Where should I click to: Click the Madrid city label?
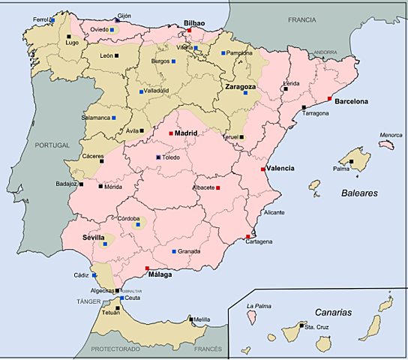[187, 133]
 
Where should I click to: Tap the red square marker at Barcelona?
[329, 99]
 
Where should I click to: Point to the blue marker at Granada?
[173, 251]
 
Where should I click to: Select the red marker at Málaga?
[147, 268]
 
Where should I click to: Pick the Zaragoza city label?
[241, 86]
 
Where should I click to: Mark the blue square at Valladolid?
[141, 91]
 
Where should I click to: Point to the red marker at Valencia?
[262, 169]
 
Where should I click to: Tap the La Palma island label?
[258, 306]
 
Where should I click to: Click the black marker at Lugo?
[69, 36]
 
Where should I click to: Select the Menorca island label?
[391, 136]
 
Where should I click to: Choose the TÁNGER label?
[78, 301]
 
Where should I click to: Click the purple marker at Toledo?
[158, 157]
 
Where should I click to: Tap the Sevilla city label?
[94, 237]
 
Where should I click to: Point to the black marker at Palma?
[351, 161]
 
